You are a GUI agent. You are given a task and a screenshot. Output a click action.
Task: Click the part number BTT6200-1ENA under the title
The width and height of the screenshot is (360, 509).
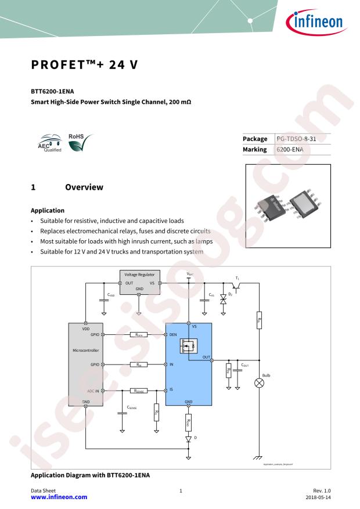coord(52,92)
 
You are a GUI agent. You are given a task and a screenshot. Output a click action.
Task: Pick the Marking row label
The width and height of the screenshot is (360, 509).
coord(255,149)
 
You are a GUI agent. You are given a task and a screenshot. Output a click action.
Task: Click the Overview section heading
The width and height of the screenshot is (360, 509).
coord(84,187)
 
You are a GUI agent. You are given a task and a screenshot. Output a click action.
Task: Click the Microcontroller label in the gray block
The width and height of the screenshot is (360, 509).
coord(86,351)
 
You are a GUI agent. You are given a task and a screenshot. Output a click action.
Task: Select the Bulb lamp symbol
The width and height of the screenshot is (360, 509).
coord(260,383)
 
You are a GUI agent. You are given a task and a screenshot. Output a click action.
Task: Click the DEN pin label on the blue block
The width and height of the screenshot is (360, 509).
coord(173,335)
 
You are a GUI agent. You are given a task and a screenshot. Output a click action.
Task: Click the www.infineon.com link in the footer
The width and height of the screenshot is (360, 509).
coord(59,497)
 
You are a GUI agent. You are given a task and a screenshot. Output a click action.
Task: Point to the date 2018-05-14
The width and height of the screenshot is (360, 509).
coord(318,497)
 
